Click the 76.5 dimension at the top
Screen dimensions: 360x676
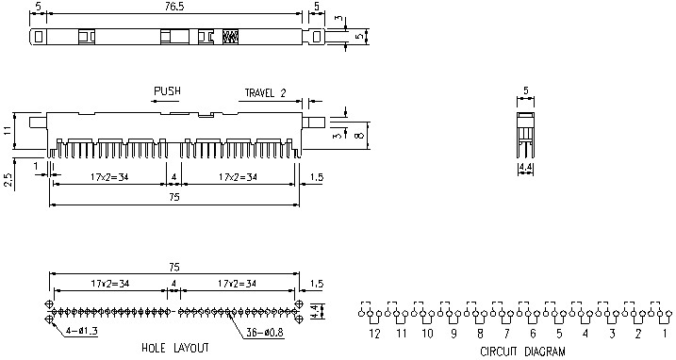(x=175, y=6)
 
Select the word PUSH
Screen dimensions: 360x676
(x=167, y=91)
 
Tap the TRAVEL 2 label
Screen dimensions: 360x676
(x=265, y=92)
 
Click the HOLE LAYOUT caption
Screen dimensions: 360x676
(x=174, y=348)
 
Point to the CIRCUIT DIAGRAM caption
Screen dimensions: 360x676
(x=521, y=351)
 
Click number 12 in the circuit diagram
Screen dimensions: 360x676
(x=374, y=333)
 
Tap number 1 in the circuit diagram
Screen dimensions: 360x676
(x=665, y=333)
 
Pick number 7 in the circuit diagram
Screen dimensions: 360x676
(x=506, y=333)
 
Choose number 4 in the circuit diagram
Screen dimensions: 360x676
(x=585, y=333)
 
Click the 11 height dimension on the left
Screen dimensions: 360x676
(x=8, y=129)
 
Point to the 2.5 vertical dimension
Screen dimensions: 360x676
(x=8, y=179)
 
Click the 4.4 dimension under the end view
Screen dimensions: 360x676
(x=524, y=169)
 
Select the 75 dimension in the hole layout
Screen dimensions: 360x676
(x=174, y=267)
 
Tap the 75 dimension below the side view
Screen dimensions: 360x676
(x=174, y=198)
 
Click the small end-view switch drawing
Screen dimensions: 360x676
(x=525, y=132)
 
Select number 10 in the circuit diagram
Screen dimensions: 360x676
(x=427, y=333)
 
